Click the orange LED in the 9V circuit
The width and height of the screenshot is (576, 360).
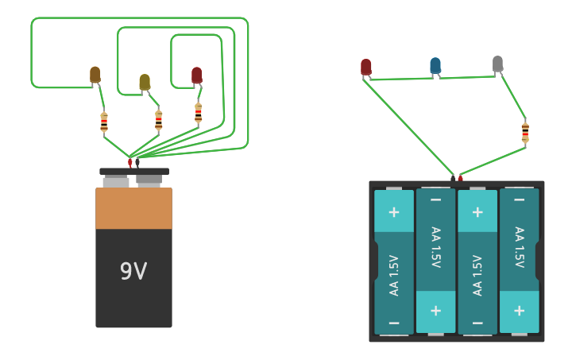pyautogui.click(x=95, y=75)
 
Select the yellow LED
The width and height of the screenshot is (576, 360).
pyautogui.click(x=145, y=82)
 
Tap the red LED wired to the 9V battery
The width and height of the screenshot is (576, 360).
pyautogui.click(x=197, y=75)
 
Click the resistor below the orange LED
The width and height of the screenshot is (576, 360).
pyautogui.click(x=104, y=122)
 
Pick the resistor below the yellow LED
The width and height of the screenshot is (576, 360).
pyautogui.click(x=159, y=120)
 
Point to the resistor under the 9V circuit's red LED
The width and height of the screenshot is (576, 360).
pyautogui.click(x=199, y=113)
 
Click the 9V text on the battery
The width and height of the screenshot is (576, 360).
pyautogui.click(x=133, y=272)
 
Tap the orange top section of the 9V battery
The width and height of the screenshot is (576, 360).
pyautogui.click(x=133, y=208)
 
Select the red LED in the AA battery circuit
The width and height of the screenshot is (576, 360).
pyautogui.click(x=365, y=67)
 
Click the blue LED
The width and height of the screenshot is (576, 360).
pyautogui.click(x=435, y=65)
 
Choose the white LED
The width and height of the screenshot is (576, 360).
pyautogui.click(x=497, y=64)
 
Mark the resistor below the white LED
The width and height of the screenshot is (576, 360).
pyautogui.click(x=525, y=132)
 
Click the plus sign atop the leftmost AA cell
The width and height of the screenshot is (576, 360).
pyautogui.click(x=394, y=212)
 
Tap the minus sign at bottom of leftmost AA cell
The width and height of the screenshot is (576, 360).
pyautogui.click(x=394, y=323)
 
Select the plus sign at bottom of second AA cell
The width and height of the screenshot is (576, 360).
pyautogui.click(x=435, y=310)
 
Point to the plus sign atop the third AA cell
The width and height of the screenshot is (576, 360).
pyautogui.click(x=477, y=212)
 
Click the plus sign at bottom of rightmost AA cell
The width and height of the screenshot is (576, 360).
pyautogui.click(x=519, y=310)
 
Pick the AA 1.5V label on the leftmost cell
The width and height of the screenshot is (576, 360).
pyautogui.click(x=394, y=275)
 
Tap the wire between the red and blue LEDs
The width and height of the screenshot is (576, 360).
pyautogui.click(x=401, y=79)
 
